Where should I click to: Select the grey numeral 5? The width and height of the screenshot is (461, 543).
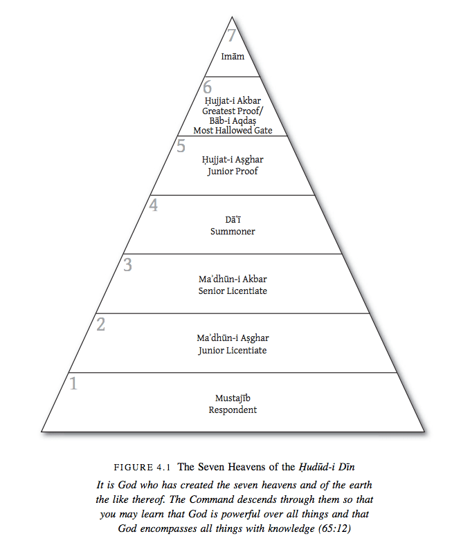(x=181, y=146)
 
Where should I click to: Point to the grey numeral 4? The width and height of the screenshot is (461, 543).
(x=154, y=205)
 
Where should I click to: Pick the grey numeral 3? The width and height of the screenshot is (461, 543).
(x=127, y=264)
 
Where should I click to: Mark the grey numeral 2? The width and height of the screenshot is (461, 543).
(x=101, y=324)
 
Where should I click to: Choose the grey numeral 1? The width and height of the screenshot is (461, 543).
(x=74, y=383)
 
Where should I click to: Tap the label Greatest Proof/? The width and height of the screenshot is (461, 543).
(x=233, y=110)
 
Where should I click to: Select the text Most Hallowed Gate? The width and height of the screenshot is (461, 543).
(x=233, y=130)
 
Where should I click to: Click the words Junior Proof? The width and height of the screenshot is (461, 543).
(x=233, y=171)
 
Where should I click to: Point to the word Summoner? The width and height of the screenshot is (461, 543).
(x=233, y=231)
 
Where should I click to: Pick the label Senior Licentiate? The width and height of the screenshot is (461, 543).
(x=233, y=291)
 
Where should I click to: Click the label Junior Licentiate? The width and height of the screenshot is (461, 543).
(x=233, y=350)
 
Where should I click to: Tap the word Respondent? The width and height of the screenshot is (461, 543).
(x=233, y=409)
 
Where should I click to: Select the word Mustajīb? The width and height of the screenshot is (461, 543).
(x=233, y=399)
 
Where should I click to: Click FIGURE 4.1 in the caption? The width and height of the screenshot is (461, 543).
(x=145, y=467)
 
